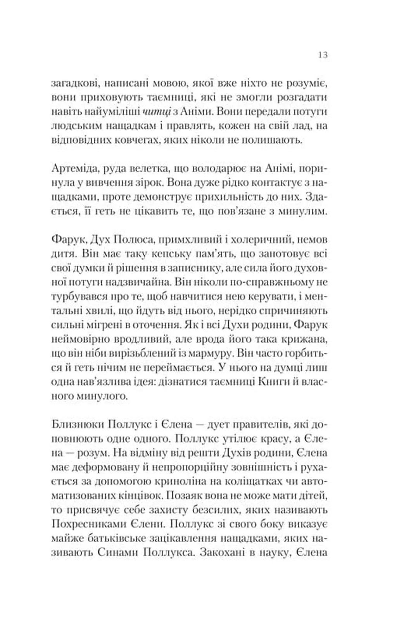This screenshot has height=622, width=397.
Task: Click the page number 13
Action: coord(323,55)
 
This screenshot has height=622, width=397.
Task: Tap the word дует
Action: coord(219,424)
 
